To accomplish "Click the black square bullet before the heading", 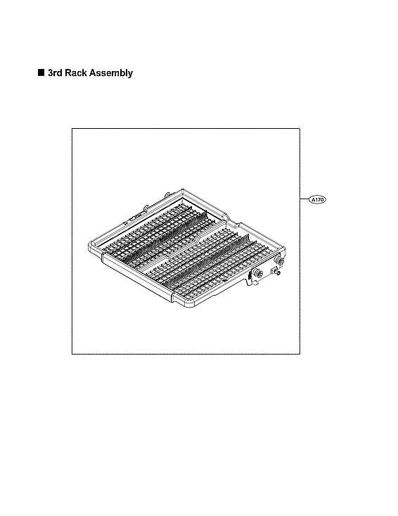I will point(41,73).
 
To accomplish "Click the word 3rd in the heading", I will point(56,73).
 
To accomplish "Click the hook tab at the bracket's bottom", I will point(250,284).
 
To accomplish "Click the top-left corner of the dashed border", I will point(72,129).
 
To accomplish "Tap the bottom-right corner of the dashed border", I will point(300,353).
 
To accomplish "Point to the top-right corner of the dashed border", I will point(300,129).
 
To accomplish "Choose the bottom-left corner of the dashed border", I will point(72,353).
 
